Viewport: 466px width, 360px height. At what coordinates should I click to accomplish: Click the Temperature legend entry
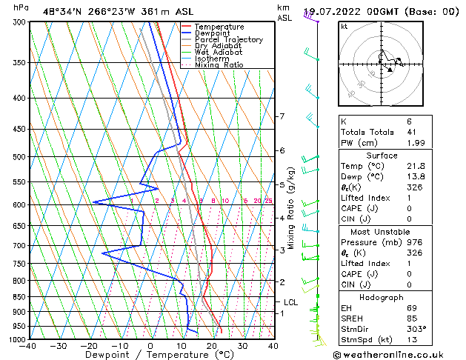point(219,27)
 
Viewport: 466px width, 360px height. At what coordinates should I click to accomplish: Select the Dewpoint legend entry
point(213,33)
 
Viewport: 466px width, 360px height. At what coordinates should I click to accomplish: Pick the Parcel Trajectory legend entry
point(228,40)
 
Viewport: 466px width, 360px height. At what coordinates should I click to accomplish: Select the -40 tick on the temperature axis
point(29,346)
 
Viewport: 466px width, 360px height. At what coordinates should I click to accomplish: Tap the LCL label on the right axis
point(290,302)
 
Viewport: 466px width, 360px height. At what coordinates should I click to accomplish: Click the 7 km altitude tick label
point(282,117)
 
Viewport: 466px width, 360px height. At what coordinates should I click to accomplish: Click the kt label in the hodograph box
point(344,27)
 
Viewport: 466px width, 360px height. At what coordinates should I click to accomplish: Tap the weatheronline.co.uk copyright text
point(398,354)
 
